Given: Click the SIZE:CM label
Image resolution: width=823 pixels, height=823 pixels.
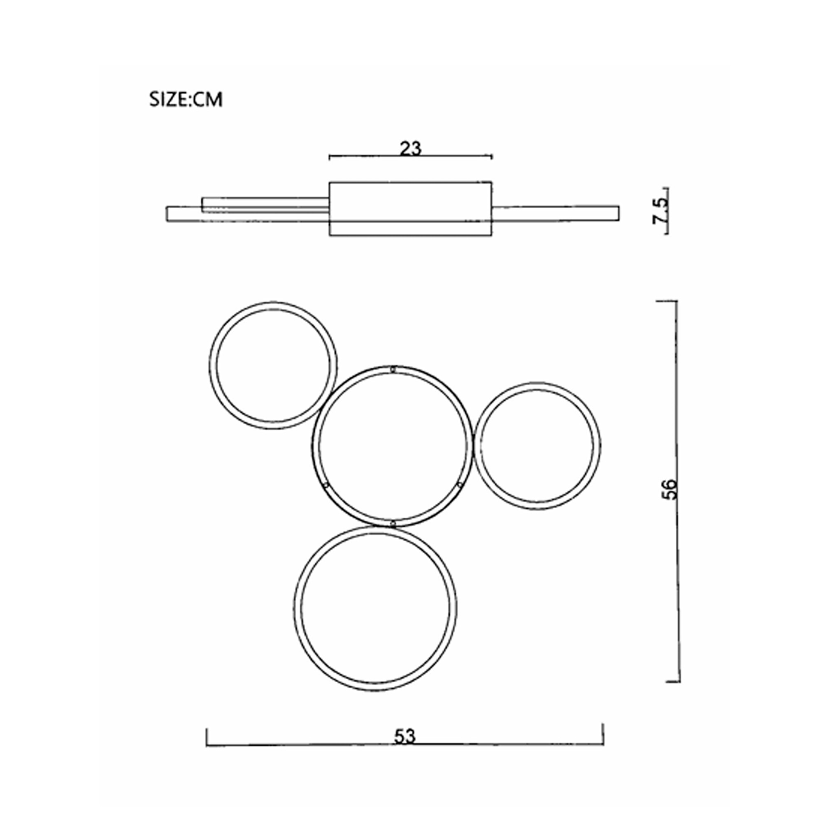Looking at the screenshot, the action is point(186,100).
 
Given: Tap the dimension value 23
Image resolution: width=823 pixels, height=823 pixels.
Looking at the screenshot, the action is point(411,149).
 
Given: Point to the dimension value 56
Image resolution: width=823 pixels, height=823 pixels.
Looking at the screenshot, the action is point(670,489).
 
